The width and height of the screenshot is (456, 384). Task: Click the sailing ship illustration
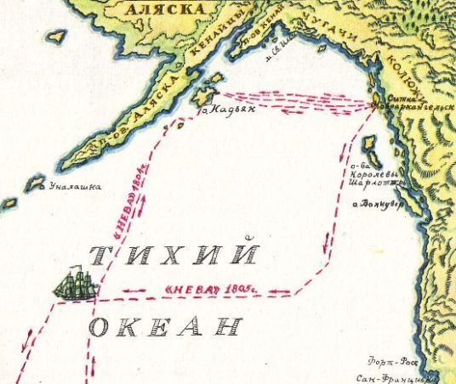tap(75, 283)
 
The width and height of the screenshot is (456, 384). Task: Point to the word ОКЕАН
tap(164, 326)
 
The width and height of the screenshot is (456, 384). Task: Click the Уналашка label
tap(75, 187)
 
